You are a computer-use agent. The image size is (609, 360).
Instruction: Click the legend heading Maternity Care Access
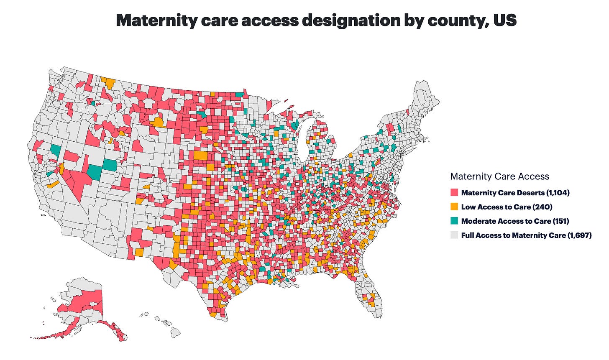point(499,176)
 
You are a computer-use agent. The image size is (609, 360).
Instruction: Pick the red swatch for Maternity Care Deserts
point(454,193)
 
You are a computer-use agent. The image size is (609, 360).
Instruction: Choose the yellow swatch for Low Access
point(454,207)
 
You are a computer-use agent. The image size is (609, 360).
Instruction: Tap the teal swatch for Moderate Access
point(454,221)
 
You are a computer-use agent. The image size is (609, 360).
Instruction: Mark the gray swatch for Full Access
point(454,235)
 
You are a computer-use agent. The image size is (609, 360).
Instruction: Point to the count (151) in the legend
point(560,221)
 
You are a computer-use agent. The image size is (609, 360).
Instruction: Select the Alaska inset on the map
point(84,305)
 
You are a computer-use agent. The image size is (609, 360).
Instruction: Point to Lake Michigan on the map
point(303,138)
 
